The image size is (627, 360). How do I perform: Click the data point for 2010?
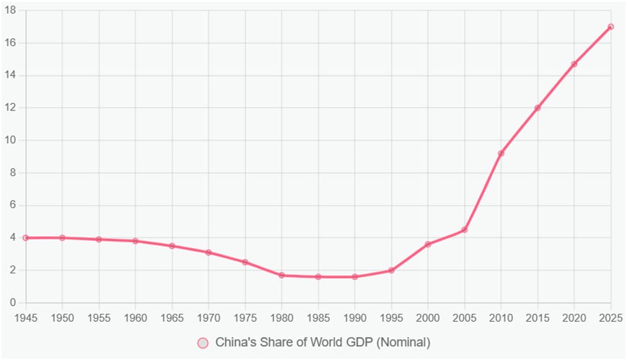(x=501, y=153)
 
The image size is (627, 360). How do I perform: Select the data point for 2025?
(x=610, y=27)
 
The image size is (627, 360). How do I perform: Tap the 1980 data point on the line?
(x=281, y=275)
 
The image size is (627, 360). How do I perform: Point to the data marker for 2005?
(x=464, y=229)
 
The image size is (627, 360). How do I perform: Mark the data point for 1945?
(x=26, y=237)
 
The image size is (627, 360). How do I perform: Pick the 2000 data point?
(x=428, y=244)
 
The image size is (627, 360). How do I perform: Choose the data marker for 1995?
(x=391, y=271)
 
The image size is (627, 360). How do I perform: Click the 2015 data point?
(x=538, y=107)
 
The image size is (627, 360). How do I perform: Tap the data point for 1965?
(x=172, y=245)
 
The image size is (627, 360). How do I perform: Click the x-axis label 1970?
(x=209, y=318)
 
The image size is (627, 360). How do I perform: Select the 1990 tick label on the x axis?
(x=355, y=318)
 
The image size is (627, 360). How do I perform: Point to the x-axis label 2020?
(x=574, y=318)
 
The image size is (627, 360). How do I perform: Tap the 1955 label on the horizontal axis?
(x=99, y=318)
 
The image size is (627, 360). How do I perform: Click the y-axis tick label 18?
(x=10, y=10)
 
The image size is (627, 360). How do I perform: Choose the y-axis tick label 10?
(x=10, y=140)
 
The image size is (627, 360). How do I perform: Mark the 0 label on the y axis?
(x=13, y=302)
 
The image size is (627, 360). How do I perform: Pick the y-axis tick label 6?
(x=13, y=205)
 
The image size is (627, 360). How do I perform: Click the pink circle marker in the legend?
(x=203, y=343)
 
